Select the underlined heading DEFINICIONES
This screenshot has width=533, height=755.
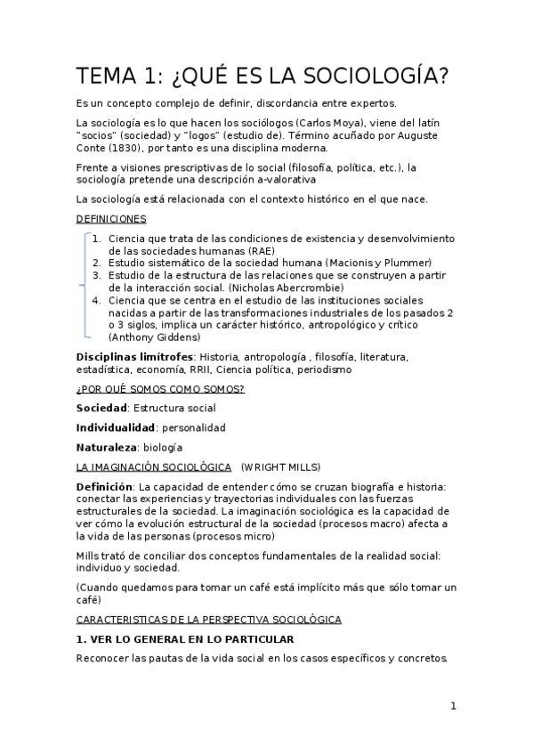pyautogui.click(x=111, y=218)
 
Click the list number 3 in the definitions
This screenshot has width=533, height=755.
pyautogui.click(x=96, y=276)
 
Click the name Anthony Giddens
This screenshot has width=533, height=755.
pyautogui.click(x=153, y=337)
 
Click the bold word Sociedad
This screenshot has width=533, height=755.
pyautogui.click(x=101, y=408)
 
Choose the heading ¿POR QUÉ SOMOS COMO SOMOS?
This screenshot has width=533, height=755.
pyautogui.click(x=160, y=389)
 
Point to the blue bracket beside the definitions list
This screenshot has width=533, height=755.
pyautogui.click(x=85, y=285)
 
